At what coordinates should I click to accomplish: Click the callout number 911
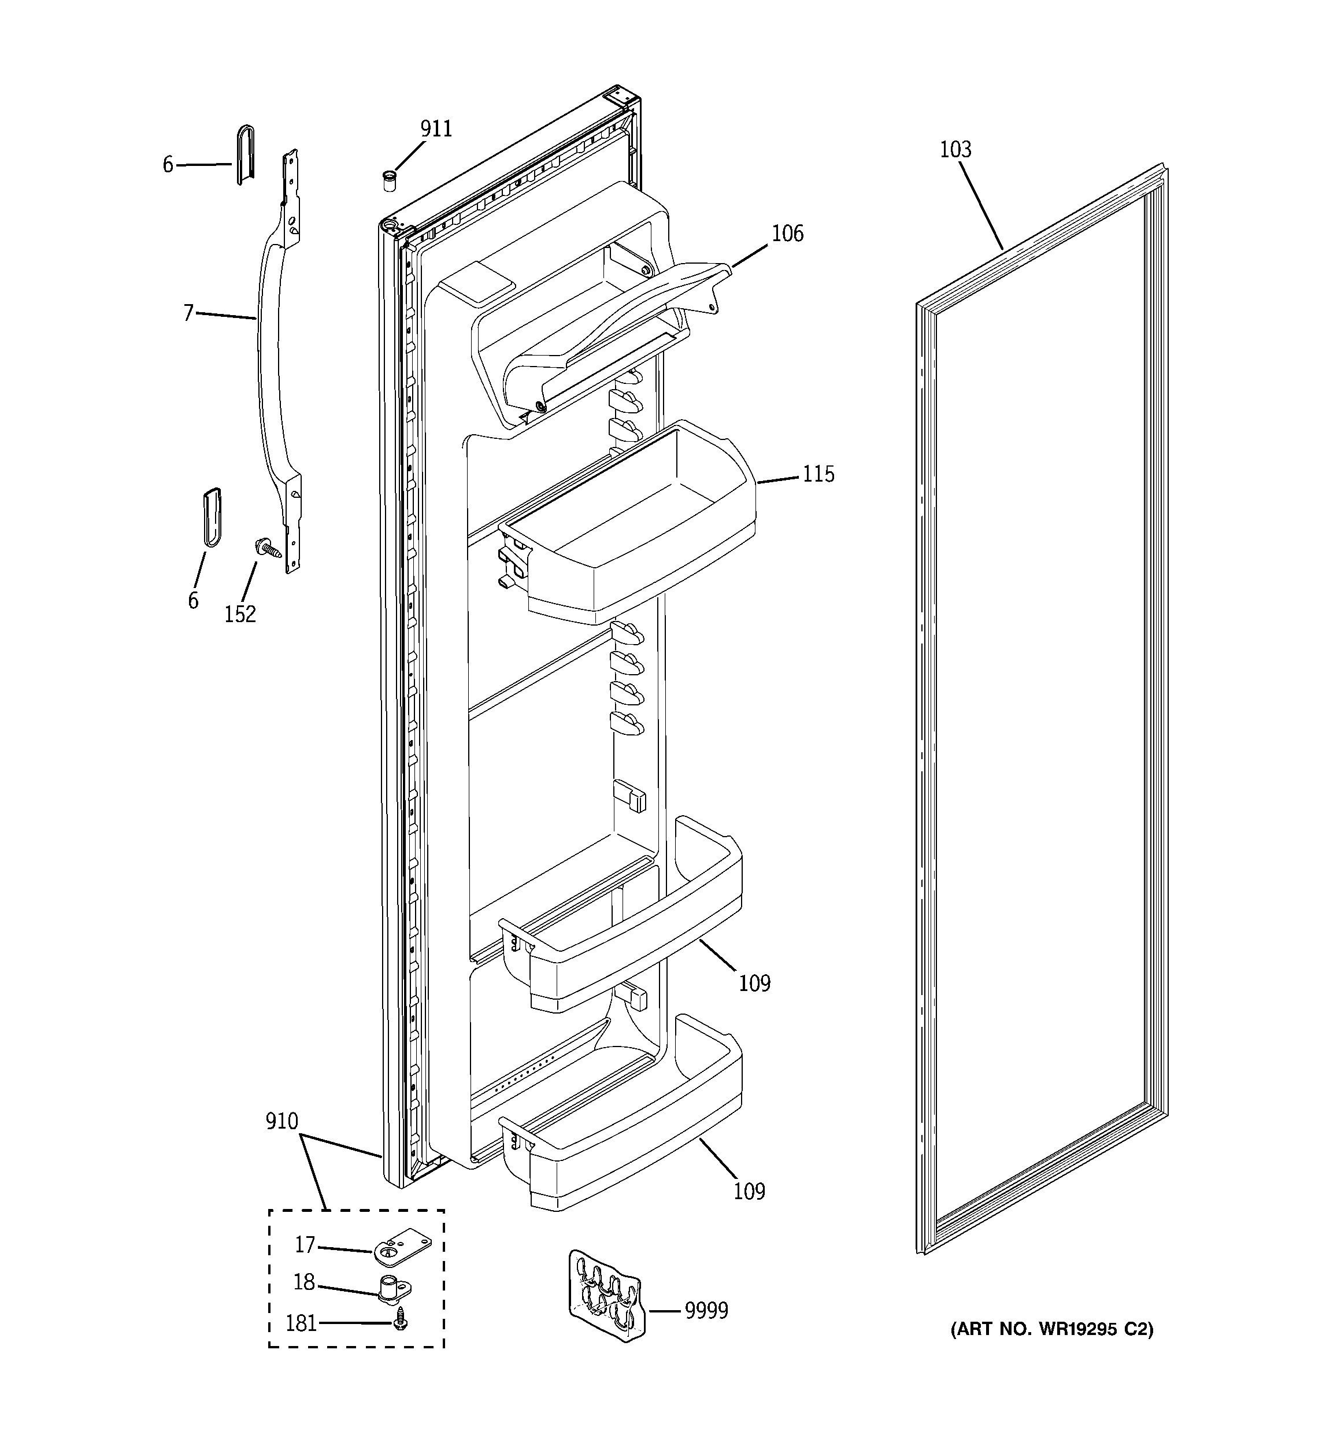(436, 129)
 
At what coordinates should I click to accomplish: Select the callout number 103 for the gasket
(955, 150)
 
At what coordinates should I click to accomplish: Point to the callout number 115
(818, 474)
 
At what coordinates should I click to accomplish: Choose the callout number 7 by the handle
(188, 313)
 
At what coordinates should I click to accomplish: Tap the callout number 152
(240, 614)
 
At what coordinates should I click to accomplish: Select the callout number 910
(281, 1121)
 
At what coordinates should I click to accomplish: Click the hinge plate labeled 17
(401, 1249)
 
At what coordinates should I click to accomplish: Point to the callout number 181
(301, 1323)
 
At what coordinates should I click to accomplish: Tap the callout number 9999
(706, 1311)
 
